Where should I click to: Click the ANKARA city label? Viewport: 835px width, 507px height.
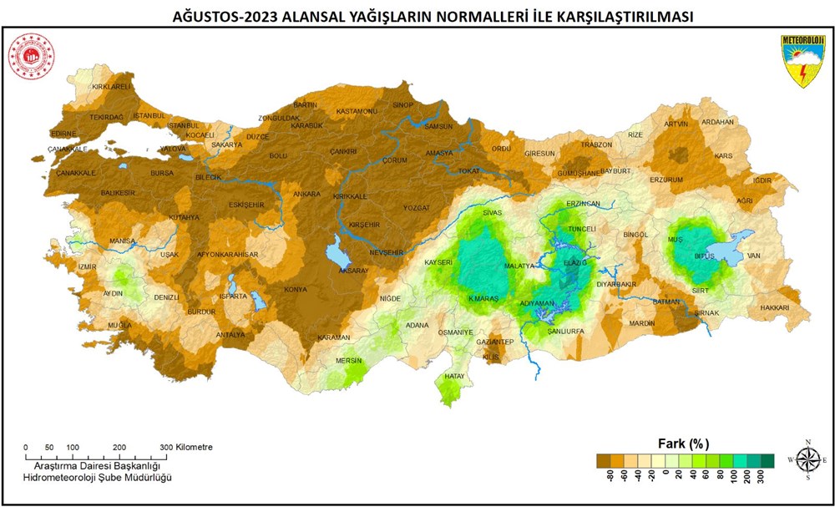pyautogui.click(x=306, y=195)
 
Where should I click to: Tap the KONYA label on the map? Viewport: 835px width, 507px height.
pyautogui.click(x=296, y=290)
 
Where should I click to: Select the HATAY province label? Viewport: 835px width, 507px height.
pyautogui.click(x=454, y=377)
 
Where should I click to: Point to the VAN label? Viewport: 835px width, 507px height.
pyautogui.click(x=754, y=256)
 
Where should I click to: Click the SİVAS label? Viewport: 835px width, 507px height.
pyautogui.click(x=492, y=214)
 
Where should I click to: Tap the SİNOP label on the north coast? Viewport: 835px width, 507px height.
pyautogui.click(x=402, y=104)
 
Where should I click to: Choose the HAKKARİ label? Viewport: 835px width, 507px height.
pyautogui.click(x=774, y=307)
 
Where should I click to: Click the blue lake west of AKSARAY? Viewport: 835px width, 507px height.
pyautogui.click(x=339, y=249)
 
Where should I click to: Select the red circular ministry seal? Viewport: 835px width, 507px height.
pyautogui.click(x=31, y=57)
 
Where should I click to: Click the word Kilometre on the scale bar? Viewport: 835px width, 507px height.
pyautogui.click(x=194, y=447)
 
